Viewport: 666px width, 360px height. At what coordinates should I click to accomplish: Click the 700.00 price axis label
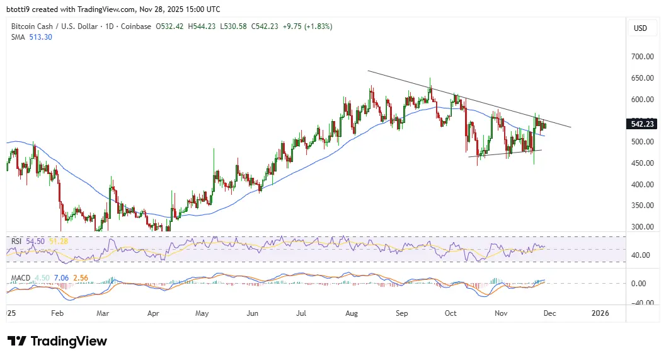pos(642,57)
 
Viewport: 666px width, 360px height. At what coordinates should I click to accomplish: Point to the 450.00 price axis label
pos(642,163)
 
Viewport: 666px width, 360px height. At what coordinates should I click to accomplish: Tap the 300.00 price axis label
pos(642,227)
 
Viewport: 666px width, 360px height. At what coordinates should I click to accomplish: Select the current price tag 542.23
pos(642,124)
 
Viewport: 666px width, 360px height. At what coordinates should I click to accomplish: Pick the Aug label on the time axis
pos(352,313)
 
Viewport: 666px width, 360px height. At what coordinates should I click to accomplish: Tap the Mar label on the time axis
pos(103,313)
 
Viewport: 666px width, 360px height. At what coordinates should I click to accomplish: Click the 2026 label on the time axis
pos(599,313)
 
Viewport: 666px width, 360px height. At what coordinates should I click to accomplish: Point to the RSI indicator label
pos(16,241)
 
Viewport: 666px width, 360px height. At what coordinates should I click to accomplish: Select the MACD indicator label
pos(20,277)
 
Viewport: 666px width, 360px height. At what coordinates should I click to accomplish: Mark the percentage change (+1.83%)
pos(319,26)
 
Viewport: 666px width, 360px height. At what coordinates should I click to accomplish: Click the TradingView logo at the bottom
pos(57,341)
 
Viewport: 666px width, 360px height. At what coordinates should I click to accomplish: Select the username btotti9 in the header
pos(20,9)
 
